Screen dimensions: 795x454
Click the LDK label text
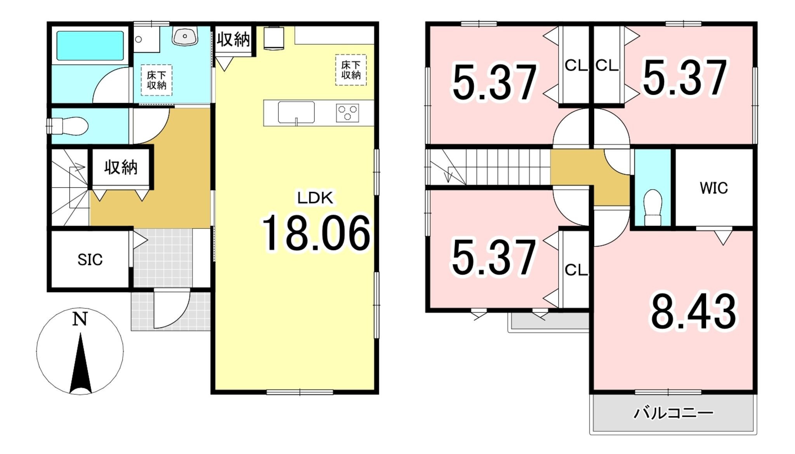tap(315, 198)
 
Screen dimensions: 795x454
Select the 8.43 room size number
tap(693, 311)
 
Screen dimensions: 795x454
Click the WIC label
tap(713, 188)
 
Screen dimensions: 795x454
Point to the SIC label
tap(90, 260)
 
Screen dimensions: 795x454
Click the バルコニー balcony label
tap(673, 413)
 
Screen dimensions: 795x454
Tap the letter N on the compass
tap(80, 319)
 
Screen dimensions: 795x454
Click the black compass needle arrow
tap(80, 363)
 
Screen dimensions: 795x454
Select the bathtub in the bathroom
tap(90, 46)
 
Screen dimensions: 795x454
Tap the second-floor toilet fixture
tap(653, 207)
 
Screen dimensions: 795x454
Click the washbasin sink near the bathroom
tap(185, 36)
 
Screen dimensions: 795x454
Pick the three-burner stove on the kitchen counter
tap(347, 113)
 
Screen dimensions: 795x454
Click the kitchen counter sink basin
tap(296, 112)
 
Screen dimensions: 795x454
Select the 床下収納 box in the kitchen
tap(351, 70)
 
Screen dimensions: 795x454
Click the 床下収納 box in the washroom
tap(156, 80)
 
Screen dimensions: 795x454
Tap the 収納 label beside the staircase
tap(121, 167)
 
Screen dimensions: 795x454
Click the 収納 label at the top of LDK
tap(233, 39)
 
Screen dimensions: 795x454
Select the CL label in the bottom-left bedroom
tap(576, 270)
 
